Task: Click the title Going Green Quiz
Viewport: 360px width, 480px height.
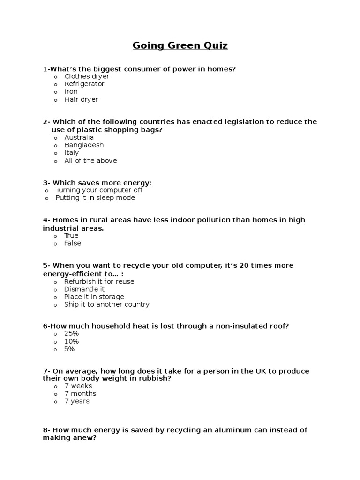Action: pyautogui.click(x=180, y=45)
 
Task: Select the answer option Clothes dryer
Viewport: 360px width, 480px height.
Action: pyautogui.click(x=86, y=76)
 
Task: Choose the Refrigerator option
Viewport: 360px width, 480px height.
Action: pyautogui.click(x=84, y=84)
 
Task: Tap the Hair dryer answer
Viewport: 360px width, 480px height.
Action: pyautogui.click(x=81, y=99)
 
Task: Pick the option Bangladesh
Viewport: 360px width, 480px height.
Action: pyautogui.click(x=84, y=145)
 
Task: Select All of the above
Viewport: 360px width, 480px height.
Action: pyautogui.click(x=90, y=160)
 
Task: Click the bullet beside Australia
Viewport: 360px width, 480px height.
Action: pyautogui.click(x=55, y=138)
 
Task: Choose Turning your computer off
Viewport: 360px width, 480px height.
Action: pyautogui.click(x=99, y=190)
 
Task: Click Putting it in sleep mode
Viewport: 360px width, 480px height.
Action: pyautogui.click(x=95, y=198)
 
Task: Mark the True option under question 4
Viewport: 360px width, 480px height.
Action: pyautogui.click(x=71, y=235)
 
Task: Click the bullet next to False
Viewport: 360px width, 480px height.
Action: pyautogui.click(x=55, y=244)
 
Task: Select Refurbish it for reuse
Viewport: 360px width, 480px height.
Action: pyautogui.click(x=99, y=281)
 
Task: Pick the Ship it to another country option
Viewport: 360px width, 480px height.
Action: pyautogui.click(x=107, y=304)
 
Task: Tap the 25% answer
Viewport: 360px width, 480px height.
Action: pyautogui.click(x=72, y=333)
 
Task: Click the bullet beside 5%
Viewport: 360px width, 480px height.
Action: pyautogui.click(x=55, y=349)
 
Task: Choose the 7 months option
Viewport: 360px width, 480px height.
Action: pyautogui.click(x=80, y=393)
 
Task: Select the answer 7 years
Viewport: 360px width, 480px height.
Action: pyautogui.click(x=77, y=401)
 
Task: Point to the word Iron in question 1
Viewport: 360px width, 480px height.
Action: pyautogui.click(x=71, y=91)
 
